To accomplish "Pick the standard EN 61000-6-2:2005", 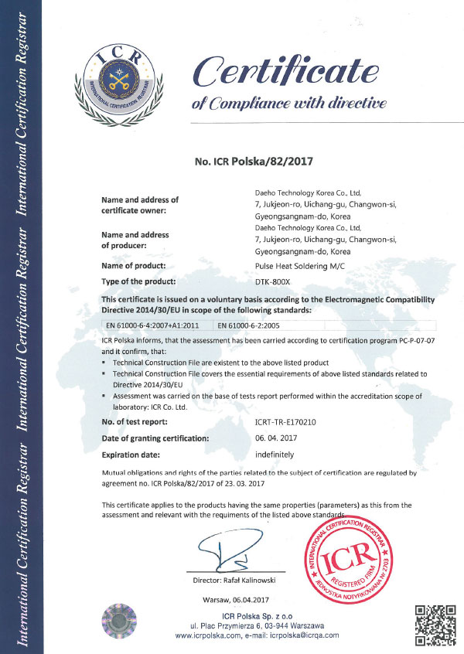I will (248, 325).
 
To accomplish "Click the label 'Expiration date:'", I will (132, 455).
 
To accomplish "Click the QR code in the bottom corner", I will (434, 622).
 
